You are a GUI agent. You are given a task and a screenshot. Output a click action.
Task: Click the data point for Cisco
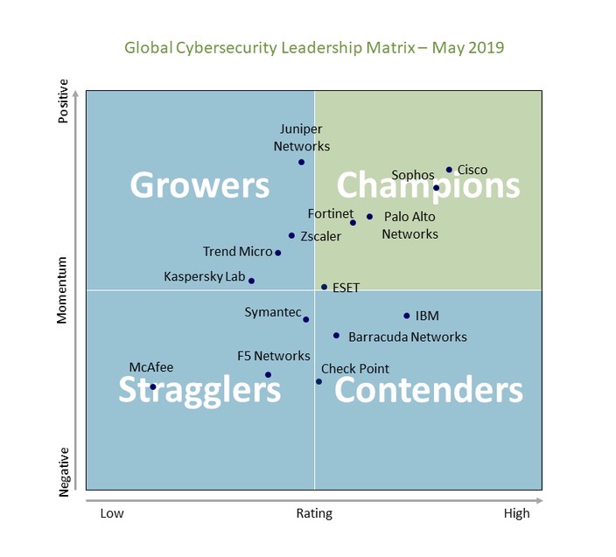coord(449,170)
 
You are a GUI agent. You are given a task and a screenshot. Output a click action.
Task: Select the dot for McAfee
coord(153,386)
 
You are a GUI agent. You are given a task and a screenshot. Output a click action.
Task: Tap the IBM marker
coord(407,316)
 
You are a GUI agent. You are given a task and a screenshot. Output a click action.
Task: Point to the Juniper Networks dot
coord(301,162)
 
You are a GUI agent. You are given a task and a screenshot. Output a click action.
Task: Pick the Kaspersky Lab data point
coord(251,281)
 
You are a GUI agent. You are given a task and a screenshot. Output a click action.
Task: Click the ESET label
coord(346,287)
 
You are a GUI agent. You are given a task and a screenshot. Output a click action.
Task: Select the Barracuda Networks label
coord(407,337)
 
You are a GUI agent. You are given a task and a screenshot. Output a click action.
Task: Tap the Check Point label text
coord(355,369)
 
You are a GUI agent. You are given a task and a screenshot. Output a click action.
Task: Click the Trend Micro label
coord(237,252)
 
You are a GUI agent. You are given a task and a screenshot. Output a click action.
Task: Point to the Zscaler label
coord(320,236)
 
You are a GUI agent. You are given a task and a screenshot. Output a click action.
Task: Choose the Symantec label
coord(272,312)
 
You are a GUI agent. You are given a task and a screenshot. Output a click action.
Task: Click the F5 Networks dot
coord(268,375)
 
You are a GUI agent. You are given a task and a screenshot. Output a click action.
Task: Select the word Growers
coord(199,185)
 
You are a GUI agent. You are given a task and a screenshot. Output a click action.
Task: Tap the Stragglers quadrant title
coord(199,390)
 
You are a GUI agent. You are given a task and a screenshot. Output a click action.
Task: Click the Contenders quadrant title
coord(428,390)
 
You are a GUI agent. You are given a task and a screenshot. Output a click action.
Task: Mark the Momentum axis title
coord(62,290)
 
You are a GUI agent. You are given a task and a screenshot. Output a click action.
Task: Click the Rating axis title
coord(314,513)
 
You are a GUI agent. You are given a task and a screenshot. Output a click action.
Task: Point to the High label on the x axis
coord(516,513)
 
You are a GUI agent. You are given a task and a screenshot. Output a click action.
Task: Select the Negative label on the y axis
coord(63,473)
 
